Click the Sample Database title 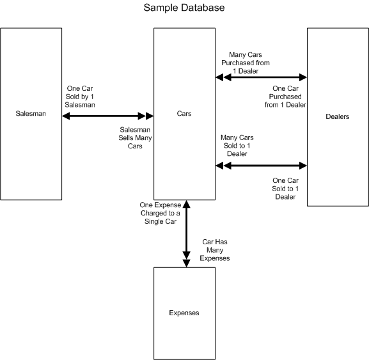click(x=184, y=8)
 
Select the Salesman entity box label click(x=31, y=113)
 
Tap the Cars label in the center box click(x=184, y=113)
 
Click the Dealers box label click(x=338, y=116)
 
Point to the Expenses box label click(x=184, y=313)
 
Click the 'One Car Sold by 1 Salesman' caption click(x=80, y=97)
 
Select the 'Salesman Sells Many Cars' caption click(x=135, y=137)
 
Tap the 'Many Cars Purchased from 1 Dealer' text click(x=246, y=63)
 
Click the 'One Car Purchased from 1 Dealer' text click(x=285, y=97)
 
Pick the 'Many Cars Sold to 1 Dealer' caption click(x=237, y=146)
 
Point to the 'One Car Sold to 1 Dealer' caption click(x=285, y=189)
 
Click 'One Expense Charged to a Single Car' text click(x=161, y=213)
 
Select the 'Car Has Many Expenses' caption click(x=215, y=250)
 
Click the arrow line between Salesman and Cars click(x=108, y=116)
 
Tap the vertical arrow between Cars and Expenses click(x=186, y=233)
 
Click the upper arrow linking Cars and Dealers click(x=261, y=77)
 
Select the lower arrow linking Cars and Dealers click(x=261, y=166)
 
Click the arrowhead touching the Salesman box click(x=66, y=116)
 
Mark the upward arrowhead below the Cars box click(x=186, y=204)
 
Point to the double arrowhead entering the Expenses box click(x=186, y=260)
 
